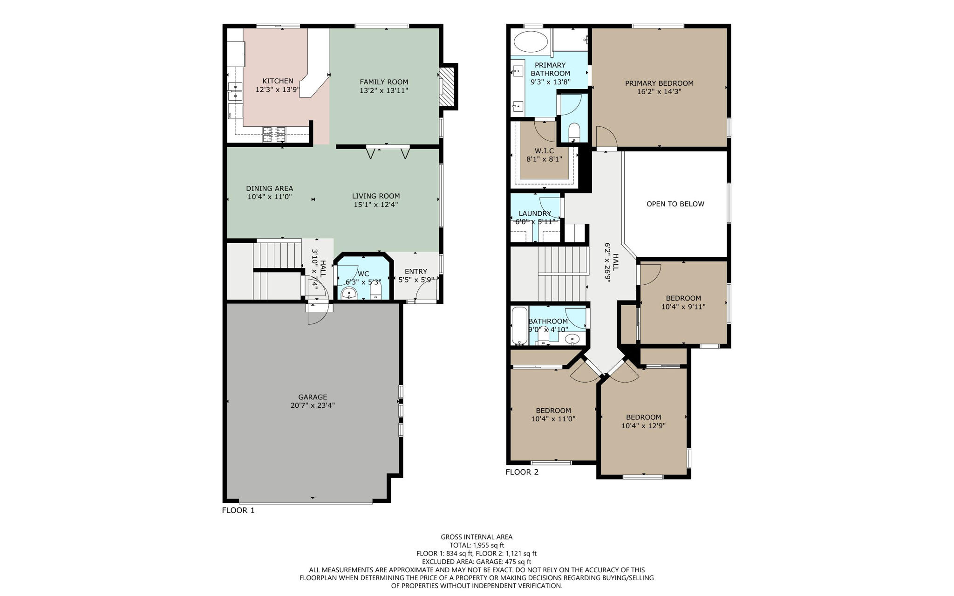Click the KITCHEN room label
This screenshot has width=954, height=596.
click(x=278, y=81)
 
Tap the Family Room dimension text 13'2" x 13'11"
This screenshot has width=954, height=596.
click(x=383, y=90)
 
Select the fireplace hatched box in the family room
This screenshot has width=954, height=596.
click(x=447, y=87)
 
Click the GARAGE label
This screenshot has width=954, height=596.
click(x=313, y=397)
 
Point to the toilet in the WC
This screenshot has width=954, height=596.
click(x=376, y=293)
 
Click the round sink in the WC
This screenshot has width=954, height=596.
click(x=349, y=293)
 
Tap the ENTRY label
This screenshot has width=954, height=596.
click(x=416, y=271)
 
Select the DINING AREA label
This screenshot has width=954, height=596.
click(x=269, y=188)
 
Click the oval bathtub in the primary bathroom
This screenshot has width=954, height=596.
click(x=531, y=41)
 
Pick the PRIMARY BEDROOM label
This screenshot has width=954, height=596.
click(x=659, y=83)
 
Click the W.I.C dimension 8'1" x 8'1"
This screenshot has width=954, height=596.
click(x=544, y=159)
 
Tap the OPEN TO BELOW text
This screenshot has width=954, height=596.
click(x=675, y=204)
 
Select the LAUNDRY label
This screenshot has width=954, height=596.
click(x=535, y=213)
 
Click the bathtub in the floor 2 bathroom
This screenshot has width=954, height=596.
click(x=519, y=325)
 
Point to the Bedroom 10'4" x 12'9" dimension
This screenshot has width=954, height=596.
click(x=643, y=425)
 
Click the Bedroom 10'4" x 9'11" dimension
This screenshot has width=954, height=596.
click(x=683, y=307)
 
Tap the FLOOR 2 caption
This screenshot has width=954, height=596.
click(x=522, y=472)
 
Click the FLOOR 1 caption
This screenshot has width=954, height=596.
click(x=238, y=510)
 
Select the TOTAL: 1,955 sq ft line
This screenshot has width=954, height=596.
click(x=477, y=545)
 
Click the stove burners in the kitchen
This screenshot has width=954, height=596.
click(x=273, y=134)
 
